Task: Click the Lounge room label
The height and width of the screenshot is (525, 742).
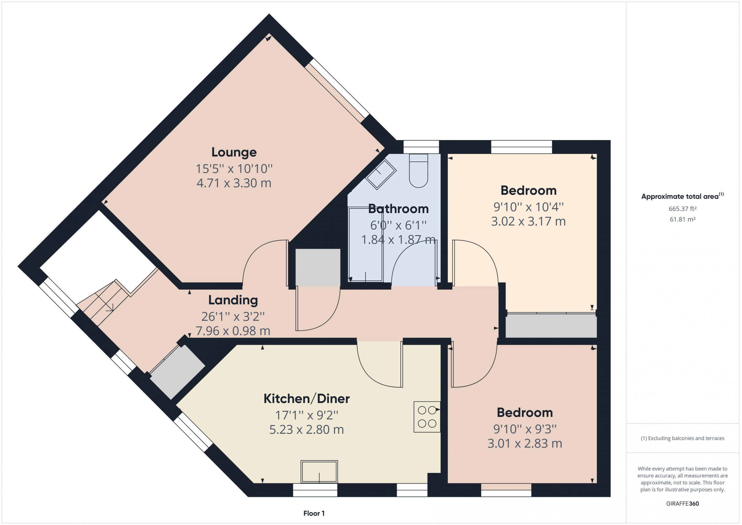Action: pyautogui.click(x=234, y=152)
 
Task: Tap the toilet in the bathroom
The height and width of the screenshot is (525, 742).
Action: pyautogui.click(x=419, y=170)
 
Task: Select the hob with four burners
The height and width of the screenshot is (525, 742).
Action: pyautogui.click(x=427, y=417)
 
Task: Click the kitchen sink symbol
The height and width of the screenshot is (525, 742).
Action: pyautogui.click(x=319, y=472)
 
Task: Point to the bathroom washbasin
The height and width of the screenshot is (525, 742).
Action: pyautogui.click(x=381, y=174)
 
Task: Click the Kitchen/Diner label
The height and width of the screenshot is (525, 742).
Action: pyautogui.click(x=306, y=399)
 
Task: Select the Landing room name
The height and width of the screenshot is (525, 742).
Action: pyautogui.click(x=233, y=300)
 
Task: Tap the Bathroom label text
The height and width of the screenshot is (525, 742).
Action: pyautogui.click(x=398, y=209)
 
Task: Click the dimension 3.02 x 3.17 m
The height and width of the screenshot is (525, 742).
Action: pyautogui.click(x=528, y=221)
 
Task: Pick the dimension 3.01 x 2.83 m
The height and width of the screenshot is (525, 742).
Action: pyautogui.click(x=525, y=443)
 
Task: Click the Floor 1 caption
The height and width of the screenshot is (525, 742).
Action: pyautogui.click(x=314, y=513)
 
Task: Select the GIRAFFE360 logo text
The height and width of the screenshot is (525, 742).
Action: pyautogui.click(x=683, y=504)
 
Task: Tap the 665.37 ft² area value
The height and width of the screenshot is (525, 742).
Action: pyautogui.click(x=683, y=209)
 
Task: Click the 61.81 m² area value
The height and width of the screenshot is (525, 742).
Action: pyautogui.click(x=683, y=219)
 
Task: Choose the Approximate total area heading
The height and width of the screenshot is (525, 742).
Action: pyautogui.click(x=683, y=196)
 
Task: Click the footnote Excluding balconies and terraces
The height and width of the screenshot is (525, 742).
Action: pyautogui.click(x=683, y=438)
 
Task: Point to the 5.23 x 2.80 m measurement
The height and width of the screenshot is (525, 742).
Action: pyautogui.click(x=306, y=429)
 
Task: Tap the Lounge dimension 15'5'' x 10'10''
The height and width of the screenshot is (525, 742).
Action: pyautogui.click(x=234, y=168)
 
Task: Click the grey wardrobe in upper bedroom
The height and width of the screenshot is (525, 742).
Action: pyautogui.click(x=551, y=326)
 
